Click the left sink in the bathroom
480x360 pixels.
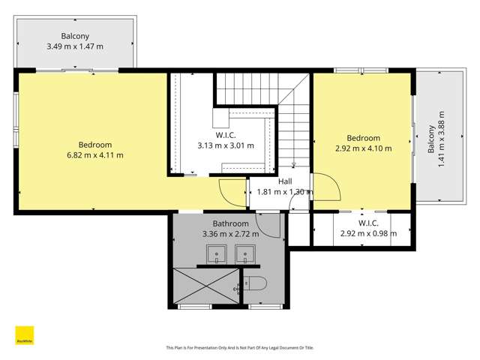coord(216,256)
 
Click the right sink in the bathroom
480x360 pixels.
coord(245,256)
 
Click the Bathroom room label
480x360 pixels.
coord(230,223)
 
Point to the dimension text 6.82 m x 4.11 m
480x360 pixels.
coord(95,155)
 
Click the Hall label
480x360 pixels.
coord(285,181)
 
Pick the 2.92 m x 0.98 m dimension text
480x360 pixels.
coord(367,233)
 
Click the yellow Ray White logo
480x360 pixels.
coord(25,335)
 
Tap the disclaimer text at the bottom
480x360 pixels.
coord(239,348)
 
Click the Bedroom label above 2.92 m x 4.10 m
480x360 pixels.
coord(363,138)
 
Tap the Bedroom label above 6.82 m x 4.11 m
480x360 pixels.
coord(95,145)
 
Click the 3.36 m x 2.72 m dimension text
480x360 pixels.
coord(230,234)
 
